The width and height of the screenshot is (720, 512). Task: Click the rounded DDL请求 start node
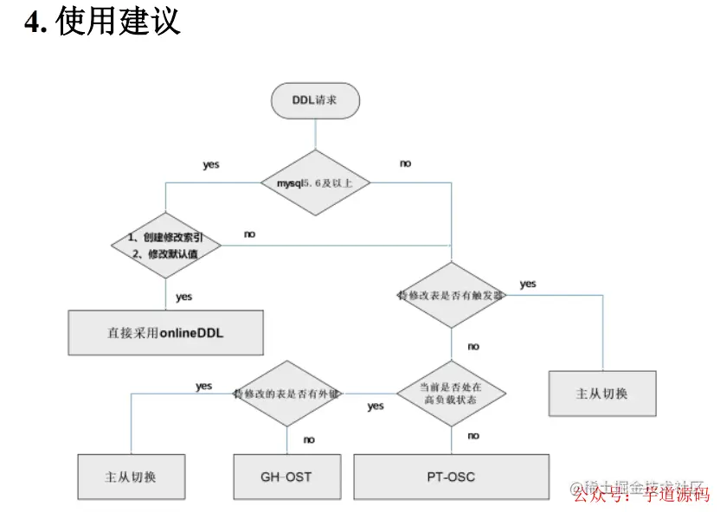coord(315,100)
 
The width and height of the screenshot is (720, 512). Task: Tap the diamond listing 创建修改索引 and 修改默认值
coord(165,245)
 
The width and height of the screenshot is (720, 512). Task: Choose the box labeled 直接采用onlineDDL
coord(165,333)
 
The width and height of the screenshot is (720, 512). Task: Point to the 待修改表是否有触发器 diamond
coord(451,295)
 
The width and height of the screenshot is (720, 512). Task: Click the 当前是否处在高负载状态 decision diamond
coord(451,394)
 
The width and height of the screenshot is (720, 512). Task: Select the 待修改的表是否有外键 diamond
coord(286,394)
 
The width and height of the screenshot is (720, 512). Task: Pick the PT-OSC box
coord(451,477)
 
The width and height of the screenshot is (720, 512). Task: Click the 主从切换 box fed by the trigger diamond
coord(602,394)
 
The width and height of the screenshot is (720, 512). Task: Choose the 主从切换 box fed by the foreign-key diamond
coord(131,477)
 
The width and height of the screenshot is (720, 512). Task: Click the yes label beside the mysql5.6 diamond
coord(211,164)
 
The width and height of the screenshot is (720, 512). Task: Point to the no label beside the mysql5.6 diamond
coord(405,163)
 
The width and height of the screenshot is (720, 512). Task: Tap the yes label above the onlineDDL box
coord(183,297)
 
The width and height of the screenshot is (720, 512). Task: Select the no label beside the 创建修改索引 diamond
coord(249,234)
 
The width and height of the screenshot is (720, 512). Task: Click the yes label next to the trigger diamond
coord(528,284)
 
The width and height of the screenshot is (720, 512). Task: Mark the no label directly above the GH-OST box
coord(309,439)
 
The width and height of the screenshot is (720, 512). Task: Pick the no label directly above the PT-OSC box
coord(472,436)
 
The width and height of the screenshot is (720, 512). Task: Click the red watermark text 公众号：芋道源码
coord(641,495)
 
